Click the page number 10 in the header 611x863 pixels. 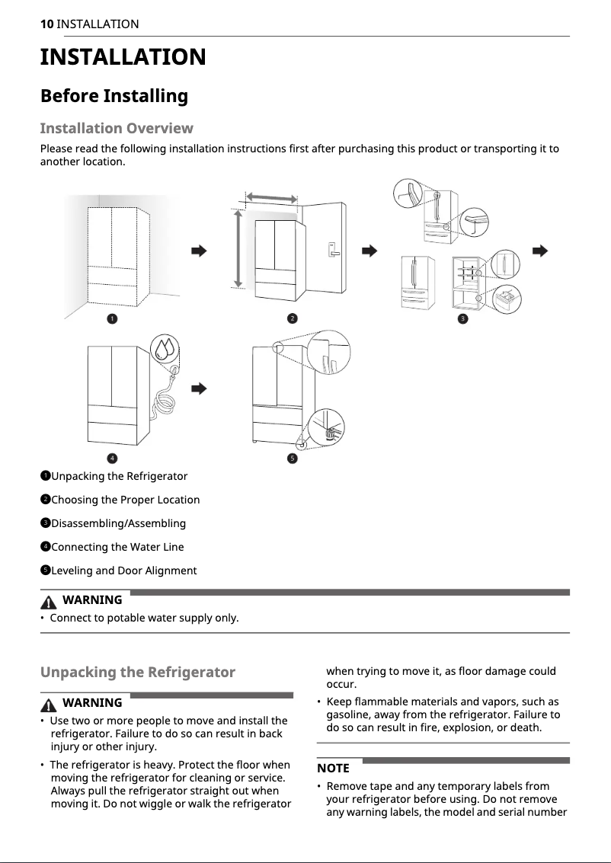pos(46,24)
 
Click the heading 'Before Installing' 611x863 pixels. pos(114,96)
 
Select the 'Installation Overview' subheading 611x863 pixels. pos(116,128)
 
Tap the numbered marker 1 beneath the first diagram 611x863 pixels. pos(112,318)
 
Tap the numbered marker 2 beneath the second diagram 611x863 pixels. pos(292,318)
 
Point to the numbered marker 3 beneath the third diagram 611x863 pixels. pos(462,318)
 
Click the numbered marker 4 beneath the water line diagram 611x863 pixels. pos(112,458)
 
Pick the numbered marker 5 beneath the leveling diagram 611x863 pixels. pos(292,458)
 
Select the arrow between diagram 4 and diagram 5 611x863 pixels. pos(199,388)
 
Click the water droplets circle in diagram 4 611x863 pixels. pos(165,349)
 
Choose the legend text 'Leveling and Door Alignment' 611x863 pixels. pos(123,571)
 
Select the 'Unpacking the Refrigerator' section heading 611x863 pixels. pos(137,673)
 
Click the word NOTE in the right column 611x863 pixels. pos(333,768)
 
